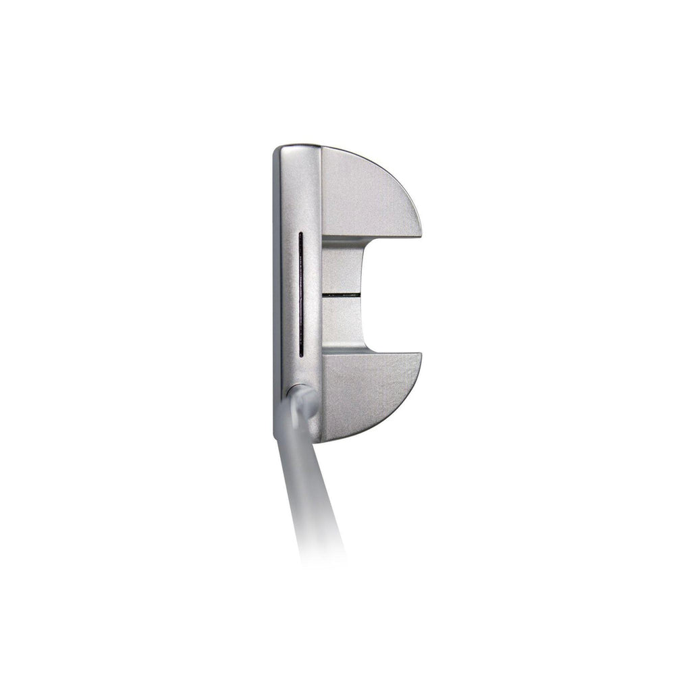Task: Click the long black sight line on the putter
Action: [300, 294]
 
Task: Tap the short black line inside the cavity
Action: [341, 295]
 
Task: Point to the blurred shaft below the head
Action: [307, 486]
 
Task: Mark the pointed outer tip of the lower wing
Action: [420, 355]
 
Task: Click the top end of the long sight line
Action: [300, 235]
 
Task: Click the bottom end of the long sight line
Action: [300, 354]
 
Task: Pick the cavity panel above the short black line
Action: [341, 270]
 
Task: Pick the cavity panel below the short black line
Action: [341, 321]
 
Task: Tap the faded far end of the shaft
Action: [324, 553]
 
